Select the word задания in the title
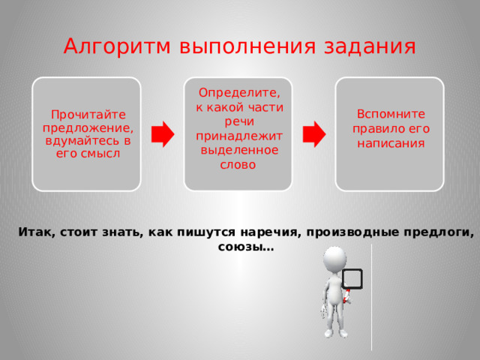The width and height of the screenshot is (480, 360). pyautogui.click(x=375, y=46)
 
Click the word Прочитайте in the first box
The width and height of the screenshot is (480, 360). pyautogui.click(x=87, y=115)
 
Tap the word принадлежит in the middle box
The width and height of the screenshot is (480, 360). pyautogui.click(x=238, y=136)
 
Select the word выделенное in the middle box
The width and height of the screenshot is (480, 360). pyautogui.click(x=237, y=150)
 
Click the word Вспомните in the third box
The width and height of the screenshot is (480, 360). pyautogui.click(x=391, y=114)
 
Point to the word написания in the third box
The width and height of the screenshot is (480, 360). pyautogui.click(x=391, y=142)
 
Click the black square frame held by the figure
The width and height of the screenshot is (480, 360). pyautogui.click(x=352, y=279)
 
